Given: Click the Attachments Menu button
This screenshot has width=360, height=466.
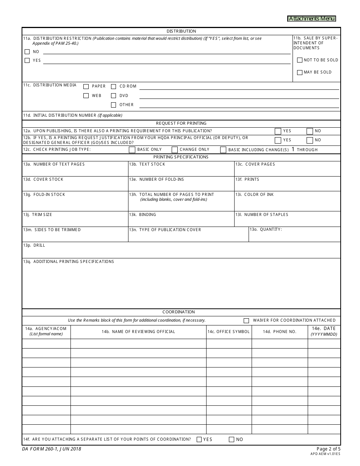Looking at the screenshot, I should (311, 19).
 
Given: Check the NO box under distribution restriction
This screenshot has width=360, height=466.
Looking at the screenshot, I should (27, 52).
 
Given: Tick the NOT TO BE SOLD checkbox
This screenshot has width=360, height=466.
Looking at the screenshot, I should (300, 60).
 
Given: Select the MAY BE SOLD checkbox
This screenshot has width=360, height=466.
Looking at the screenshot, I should (300, 72).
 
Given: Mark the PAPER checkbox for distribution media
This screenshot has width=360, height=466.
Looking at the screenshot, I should (86, 86).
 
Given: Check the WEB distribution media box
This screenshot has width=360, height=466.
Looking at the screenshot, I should (86, 96).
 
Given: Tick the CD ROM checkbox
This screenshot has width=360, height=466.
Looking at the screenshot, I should (113, 86).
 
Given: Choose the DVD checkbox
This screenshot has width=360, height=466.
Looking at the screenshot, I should (113, 96).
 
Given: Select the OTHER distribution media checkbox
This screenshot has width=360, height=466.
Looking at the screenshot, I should (113, 105).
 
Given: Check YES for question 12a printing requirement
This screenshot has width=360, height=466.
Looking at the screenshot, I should (278, 131).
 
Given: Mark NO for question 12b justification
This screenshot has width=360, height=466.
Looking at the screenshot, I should (310, 140).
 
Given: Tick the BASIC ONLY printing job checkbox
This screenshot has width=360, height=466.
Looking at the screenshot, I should (132, 150).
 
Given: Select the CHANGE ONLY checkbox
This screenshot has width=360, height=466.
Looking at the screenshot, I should (174, 150).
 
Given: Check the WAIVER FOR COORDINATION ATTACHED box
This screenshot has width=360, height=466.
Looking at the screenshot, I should (246, 321).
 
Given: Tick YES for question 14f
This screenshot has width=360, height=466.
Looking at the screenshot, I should (199, 439).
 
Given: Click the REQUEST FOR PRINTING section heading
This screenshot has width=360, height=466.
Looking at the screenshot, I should (181, 123).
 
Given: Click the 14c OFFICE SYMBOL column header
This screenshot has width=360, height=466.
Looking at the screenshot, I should (229, 332).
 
